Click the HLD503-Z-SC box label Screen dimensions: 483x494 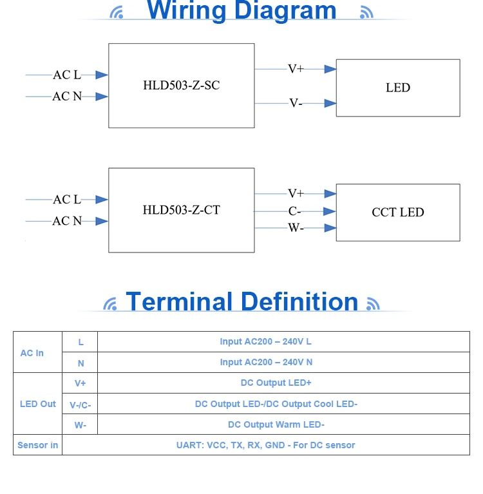click(x=181, y=85)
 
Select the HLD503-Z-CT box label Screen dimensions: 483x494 click(x=181, y=210)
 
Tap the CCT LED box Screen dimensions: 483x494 click(x=397, y=212)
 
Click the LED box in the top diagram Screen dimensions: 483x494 click(x=397, y=88)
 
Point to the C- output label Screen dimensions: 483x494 click(x=294, y=211)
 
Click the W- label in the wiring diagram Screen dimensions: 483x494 click(x=296, y=227)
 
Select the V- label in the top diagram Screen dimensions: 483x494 click(x=295, y=103)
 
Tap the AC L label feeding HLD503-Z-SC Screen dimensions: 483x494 click(x=67, y=75)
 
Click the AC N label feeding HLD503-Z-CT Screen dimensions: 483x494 click(x=67, y=221)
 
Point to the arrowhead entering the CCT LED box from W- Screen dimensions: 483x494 click(x=330, y=227)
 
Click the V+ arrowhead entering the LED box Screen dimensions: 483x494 click(x=330, y=68)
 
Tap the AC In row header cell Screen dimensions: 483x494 click(x=32, y=353)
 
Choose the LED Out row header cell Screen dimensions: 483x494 click(x=38, y=404)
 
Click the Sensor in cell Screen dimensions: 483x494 click(x=37, y=445)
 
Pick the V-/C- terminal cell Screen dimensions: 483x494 click(x=80, y=404)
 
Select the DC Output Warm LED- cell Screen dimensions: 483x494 click(x=276, y=424)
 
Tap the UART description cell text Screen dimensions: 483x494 click(x=265, y=445)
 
